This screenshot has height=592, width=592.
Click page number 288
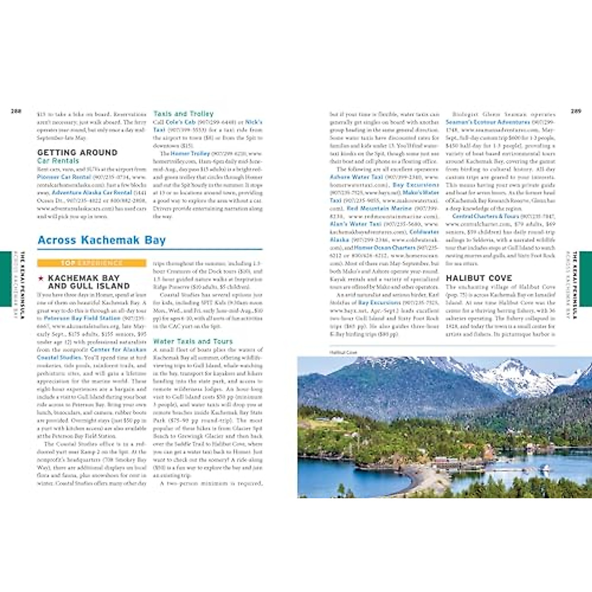(x=16, y=111)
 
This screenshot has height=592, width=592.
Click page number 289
(x=576, y=111)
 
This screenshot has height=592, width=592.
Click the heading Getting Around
(x=77, y=152)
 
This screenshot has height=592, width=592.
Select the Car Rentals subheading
(x=58, y=161)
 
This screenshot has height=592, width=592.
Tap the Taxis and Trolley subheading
(x=183, y=113)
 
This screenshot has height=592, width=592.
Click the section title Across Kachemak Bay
(x=102, y=240)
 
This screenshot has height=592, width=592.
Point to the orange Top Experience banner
(x=91, y=263)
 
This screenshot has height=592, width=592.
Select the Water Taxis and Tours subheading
(x=192, y=341)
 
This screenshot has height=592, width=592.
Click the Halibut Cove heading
(x=479, y=278)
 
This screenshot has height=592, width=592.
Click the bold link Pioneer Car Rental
(x=64, y=177)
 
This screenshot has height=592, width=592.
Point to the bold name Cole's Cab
(x=181, y=122)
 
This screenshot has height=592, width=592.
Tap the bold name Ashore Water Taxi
(x=356, y=177)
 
